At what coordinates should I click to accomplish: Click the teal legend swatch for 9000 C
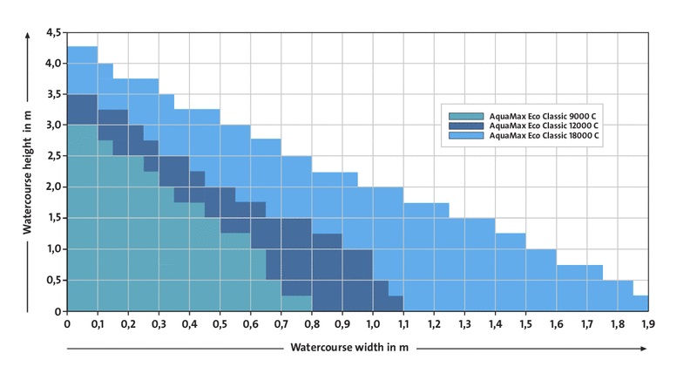466,115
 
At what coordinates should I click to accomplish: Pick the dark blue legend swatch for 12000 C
466,126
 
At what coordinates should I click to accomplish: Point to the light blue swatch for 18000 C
466,136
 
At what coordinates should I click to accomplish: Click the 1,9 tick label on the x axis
648,324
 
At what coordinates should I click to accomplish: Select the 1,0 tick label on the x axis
373,324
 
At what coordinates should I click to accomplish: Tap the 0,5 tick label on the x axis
220,324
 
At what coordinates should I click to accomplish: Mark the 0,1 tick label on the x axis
98,324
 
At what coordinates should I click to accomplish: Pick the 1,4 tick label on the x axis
495,324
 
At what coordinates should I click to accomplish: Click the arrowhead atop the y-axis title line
26,36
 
